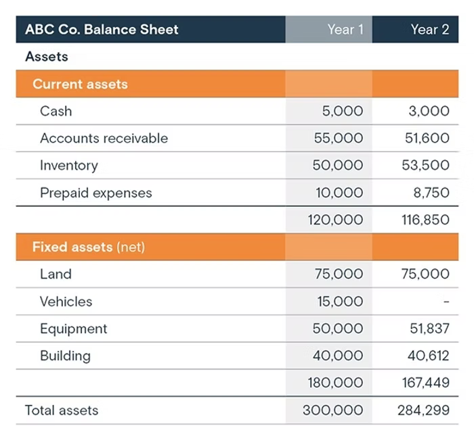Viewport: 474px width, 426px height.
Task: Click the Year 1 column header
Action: (x=345, y=30)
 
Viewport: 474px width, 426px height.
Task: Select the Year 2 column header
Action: (x=429, y=30)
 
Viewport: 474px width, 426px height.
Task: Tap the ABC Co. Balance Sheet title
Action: (x=102, y=30)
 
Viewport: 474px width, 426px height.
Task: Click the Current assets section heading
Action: (x=80, y=85)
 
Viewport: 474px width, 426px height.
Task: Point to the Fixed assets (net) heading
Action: (x=89, y=247)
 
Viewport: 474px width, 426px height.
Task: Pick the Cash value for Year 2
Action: (x=429, y=111)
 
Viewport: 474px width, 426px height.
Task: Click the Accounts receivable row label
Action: (x=104, y=139)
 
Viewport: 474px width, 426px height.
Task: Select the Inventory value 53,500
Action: (x=425, y=166)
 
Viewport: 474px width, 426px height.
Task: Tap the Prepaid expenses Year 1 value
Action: (x=339, y=193)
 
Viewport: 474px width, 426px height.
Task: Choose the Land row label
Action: (x=56, y=274)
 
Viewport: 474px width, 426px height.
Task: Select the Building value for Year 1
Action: (x=338, y=356)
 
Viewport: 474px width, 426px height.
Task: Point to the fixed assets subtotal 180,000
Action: (x=336, y=383)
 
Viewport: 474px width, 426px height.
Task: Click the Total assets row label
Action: (x=62, y=410)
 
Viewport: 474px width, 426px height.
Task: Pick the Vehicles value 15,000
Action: (x=340, y=302)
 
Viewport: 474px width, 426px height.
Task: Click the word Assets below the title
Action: (x=47, y=57)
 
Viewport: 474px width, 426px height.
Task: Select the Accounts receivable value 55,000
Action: (x=339, y=139)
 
